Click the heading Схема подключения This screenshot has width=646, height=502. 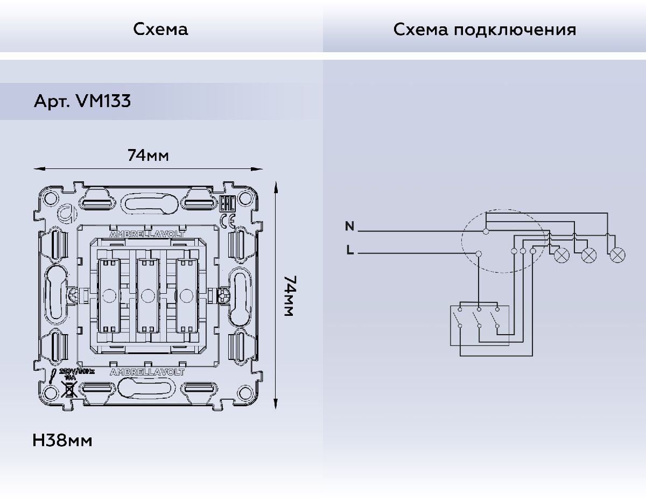[x=484, y=29]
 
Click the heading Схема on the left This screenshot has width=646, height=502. [x=161, y=29]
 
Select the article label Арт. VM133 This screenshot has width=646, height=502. [x=82, y=101]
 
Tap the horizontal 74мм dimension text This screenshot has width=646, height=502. [x=148, y=155]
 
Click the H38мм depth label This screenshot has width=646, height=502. [x=62, y=441]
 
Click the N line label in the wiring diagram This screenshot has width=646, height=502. [x=349, y=227]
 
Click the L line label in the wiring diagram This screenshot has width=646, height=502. [x=350, y=250]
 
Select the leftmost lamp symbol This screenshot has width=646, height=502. [x=561, y=255]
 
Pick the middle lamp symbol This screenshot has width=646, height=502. [x=589, y=255]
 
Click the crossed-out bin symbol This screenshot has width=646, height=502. [x=68, y=389]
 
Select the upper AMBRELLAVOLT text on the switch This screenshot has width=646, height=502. [x=147, y=235]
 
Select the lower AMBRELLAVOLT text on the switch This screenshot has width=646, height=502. [x=147, y=372]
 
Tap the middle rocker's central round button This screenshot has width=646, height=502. [x=147, y=295]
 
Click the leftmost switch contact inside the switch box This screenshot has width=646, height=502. [x=459, y=318]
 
